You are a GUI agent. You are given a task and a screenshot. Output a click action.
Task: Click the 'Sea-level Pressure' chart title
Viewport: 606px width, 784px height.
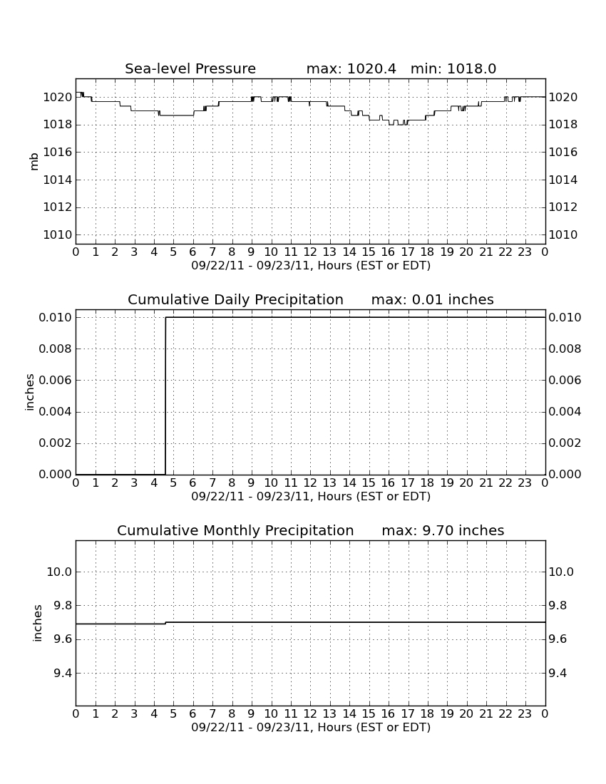(190, 68)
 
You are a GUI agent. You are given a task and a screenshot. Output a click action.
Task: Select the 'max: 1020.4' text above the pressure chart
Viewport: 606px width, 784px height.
(351, 68)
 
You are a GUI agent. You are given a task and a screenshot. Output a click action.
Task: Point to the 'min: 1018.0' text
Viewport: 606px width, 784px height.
(453, 68)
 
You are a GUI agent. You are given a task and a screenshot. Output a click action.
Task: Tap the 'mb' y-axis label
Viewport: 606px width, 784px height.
(34, 162)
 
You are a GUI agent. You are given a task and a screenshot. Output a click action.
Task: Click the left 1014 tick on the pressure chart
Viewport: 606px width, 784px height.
(58, 180)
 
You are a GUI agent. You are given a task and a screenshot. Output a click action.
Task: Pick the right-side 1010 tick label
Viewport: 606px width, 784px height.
(563, 235)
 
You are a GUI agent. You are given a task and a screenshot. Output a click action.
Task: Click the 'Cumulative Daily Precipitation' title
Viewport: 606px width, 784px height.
(235, 299)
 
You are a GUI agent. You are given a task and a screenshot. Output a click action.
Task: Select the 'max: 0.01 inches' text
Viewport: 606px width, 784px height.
(433, 299)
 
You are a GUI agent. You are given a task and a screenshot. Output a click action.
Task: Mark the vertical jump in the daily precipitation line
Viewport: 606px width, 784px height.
(165, 396)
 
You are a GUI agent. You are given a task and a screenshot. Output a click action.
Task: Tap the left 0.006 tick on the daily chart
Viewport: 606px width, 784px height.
(56, 380)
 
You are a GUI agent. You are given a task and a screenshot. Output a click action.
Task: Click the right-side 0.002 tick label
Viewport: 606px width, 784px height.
(565, 443)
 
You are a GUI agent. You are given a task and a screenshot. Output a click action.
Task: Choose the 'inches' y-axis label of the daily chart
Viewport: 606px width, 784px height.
(30, 393)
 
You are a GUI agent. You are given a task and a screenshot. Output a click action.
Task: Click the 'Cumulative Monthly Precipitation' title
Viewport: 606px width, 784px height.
(235, 530)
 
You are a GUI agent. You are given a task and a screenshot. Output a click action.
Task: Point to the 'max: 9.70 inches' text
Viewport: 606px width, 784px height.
(443, 530)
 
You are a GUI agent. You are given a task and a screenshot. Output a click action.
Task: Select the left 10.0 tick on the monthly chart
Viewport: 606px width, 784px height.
(59, 572)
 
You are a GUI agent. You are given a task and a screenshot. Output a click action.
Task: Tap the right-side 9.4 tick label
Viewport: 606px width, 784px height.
(558, 673)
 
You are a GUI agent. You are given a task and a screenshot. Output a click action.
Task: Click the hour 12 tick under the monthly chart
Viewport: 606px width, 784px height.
(310, 714)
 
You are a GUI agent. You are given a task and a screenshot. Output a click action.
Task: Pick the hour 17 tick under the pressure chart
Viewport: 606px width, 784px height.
(408, 252)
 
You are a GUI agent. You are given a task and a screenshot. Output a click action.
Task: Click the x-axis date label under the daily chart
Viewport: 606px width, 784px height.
(311, 497)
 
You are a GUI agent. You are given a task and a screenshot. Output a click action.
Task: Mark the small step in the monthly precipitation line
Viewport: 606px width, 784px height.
(165, 623)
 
